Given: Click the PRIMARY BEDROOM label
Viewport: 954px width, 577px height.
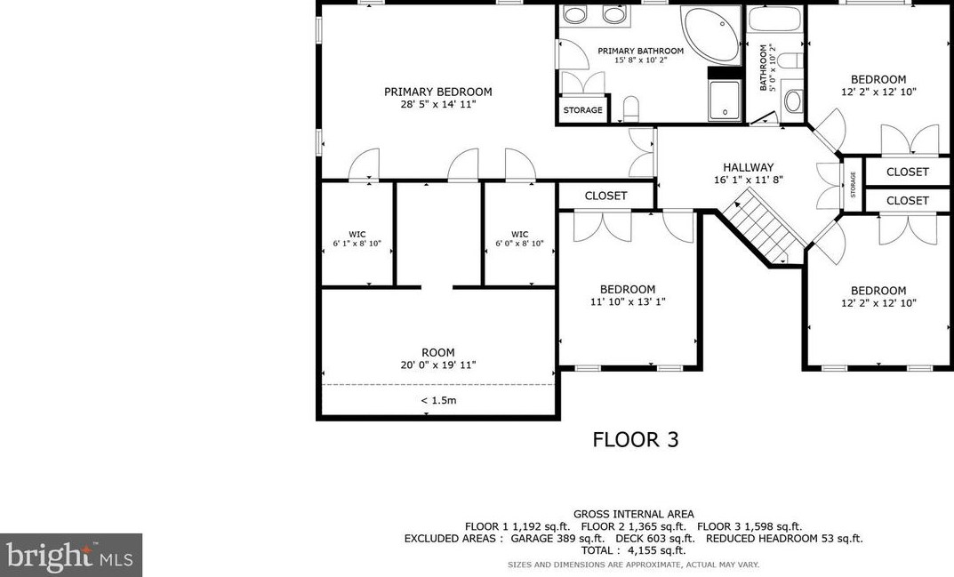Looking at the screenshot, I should pos(437,92).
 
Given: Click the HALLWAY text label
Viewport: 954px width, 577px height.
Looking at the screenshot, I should pos(748,167).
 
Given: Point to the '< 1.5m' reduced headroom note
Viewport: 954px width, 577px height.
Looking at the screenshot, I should pos(437,400).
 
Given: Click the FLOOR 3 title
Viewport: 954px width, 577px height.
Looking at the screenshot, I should pos(635,439).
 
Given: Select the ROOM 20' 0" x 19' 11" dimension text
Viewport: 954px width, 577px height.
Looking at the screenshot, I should pos(437,365).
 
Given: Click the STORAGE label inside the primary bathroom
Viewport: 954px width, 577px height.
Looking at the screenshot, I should pos(582,111).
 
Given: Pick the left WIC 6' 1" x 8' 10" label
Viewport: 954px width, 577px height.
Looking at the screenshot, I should pos(356,238).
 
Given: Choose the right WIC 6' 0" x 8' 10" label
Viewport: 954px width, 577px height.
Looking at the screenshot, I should pos(519,238).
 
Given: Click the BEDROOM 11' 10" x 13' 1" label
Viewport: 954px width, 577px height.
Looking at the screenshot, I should pos(627,295).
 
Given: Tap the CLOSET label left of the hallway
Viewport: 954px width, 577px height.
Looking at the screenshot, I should pos(605,196).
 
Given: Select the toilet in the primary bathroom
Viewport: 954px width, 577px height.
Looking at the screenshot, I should pos(632,108).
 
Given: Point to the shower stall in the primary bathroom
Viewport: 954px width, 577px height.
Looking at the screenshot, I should pos(725,100).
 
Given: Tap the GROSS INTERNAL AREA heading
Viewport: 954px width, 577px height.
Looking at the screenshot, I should pos(633,514).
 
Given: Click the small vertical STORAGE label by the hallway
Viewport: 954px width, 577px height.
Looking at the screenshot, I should pos(852,185).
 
